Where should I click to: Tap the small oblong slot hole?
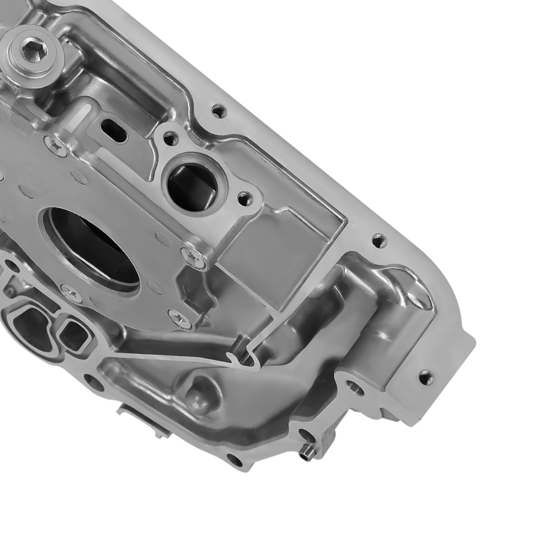[x=114, y=130]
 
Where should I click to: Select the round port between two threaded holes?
[x=190, y=184]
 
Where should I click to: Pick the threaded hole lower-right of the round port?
[x=243, y=197]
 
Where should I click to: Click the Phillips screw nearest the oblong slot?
[x=55, y=145]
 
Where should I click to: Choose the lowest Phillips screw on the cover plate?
[x=179, y=317]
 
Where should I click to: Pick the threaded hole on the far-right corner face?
[x=425, y=378]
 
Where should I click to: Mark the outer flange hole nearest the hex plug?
[x=219, y=111]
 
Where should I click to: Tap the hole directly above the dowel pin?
[x=306, y=434]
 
